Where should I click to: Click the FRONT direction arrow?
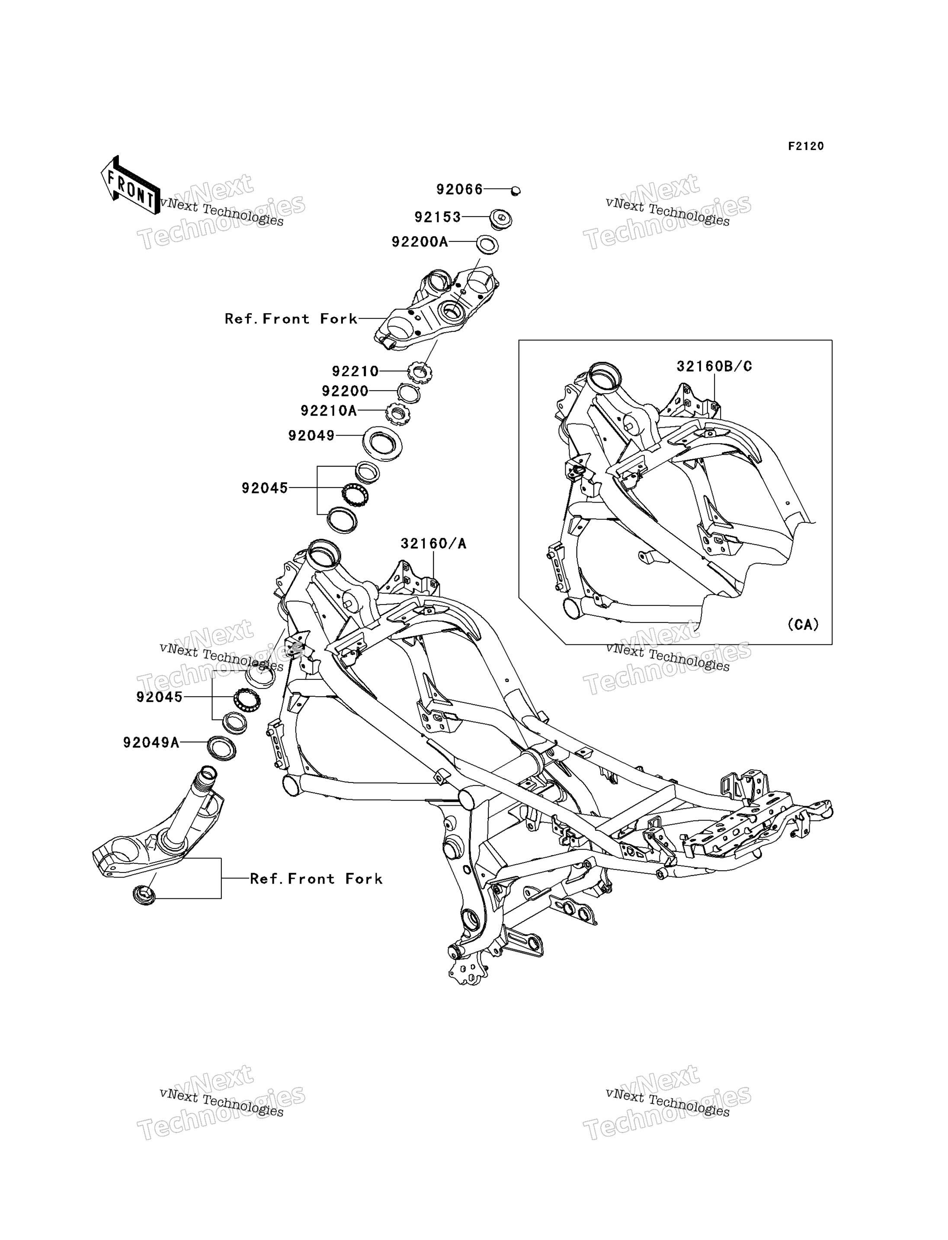click(x=130, y=185)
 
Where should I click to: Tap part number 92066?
click(x=459, y=189)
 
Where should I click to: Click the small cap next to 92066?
click(x=515, y=191)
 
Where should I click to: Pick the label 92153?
click(x=438, y=217)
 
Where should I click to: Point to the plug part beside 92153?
click(x=500, y=218)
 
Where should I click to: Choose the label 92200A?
click(x=420, y=242)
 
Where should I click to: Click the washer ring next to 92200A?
click(x=487, y=245)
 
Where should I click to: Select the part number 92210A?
click(x=329, y=411)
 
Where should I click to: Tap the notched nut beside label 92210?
click(x=420, y=372)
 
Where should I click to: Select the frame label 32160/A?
click(x=433, y=544)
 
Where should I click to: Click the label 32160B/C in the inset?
click(x=714, y=366)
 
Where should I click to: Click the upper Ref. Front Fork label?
click(x=291, y=319)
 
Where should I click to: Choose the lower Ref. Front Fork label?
click(x=316, y=879)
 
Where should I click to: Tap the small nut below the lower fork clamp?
click(x=144, y=894)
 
